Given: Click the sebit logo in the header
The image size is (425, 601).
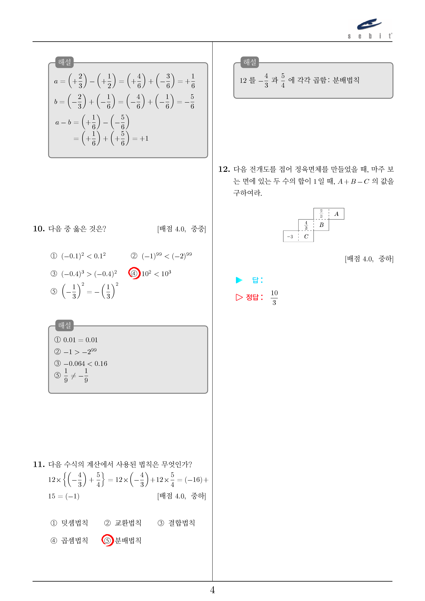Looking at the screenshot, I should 370,28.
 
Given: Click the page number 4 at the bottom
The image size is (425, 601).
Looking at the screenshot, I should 212,590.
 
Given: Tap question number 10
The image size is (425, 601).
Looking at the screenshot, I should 39,229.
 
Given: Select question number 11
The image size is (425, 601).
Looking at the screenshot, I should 39,465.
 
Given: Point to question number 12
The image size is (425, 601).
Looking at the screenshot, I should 224,169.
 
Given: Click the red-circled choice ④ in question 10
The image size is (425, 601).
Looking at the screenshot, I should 134,274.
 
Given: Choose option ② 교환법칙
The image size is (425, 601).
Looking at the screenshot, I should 123,523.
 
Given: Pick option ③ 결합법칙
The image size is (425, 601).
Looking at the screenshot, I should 176,523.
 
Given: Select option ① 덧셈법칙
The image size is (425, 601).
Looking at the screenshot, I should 69,523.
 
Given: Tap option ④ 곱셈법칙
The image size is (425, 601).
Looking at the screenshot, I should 69,541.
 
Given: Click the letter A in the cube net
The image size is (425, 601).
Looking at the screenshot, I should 337,214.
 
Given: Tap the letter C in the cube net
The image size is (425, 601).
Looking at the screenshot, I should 306,237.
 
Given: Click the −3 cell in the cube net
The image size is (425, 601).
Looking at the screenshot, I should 290,237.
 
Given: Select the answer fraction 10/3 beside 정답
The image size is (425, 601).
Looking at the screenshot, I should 274,298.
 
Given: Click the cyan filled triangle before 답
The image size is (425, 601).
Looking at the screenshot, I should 239,280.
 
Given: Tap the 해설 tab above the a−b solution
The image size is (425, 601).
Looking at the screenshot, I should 65,62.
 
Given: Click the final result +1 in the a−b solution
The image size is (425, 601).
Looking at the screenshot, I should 144,138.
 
